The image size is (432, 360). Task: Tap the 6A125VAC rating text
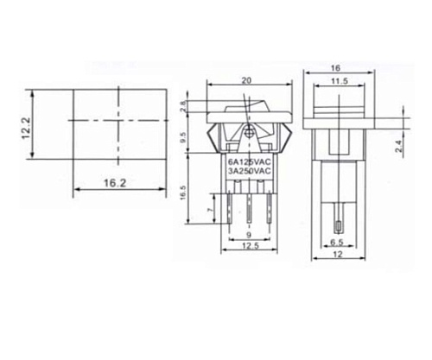click(x=251, y=161)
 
